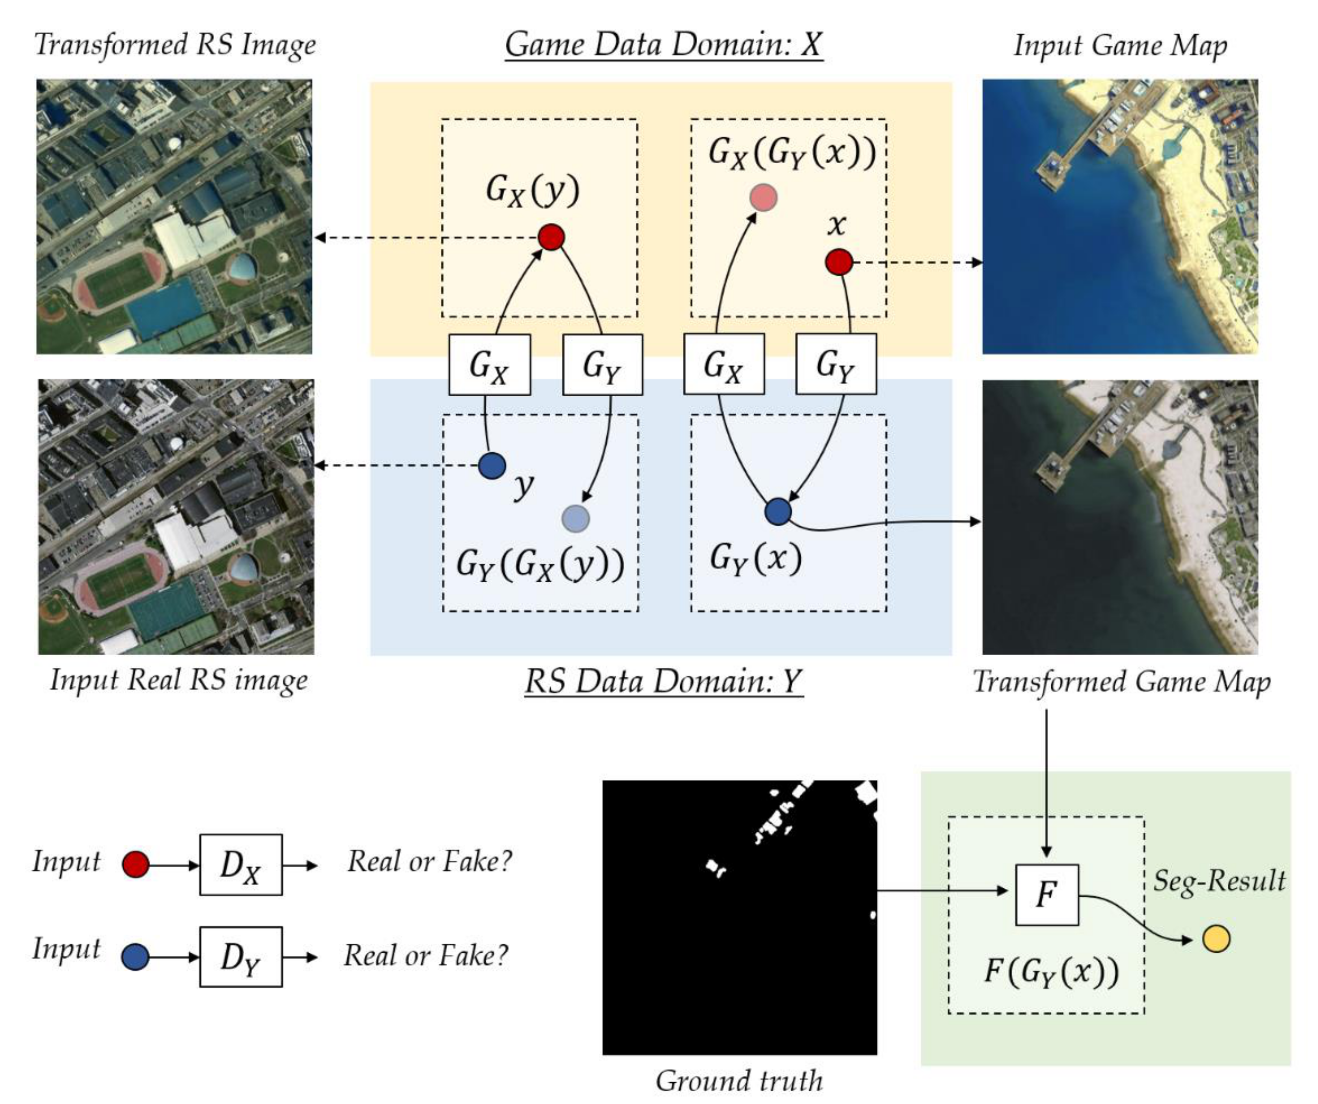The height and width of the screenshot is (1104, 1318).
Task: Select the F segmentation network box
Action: (x=1046, y=894)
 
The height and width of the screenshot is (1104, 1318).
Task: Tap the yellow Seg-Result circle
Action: (x=1216, y=939)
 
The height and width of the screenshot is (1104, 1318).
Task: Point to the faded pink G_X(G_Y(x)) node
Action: (x=763, y=198)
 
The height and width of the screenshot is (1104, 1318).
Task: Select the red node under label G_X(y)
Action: (x=551, y=237)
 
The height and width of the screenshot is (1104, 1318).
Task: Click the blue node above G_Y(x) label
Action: (x=778, y=512)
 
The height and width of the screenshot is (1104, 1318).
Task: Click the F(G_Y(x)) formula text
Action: (x=1051, y=971)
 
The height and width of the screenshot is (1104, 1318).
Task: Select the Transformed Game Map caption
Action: (x=1121, y=682)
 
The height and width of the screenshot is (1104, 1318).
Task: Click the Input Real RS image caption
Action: (x=179, y=680)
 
